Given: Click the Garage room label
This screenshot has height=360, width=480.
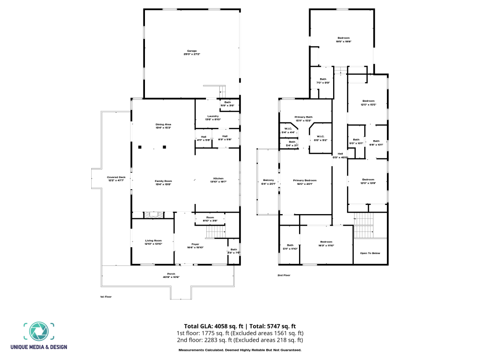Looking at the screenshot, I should point(192,51).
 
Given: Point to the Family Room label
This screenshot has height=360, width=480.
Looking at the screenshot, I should point(163,181).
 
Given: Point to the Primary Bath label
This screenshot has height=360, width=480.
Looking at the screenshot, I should point(304,117).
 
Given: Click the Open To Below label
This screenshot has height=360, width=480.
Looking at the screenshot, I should point(370,253).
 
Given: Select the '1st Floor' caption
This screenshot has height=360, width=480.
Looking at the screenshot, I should point(106,297).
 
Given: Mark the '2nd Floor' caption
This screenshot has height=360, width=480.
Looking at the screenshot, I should point(284,275).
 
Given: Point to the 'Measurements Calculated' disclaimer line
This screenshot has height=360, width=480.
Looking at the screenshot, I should point(240,350).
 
